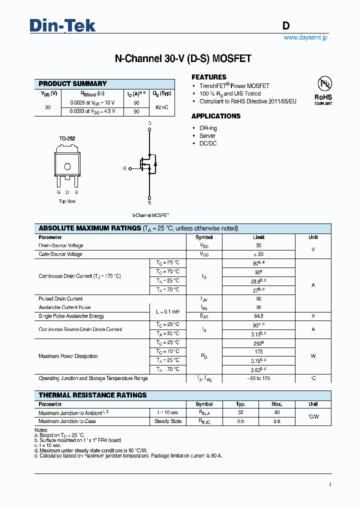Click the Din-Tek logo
tap(62, 26)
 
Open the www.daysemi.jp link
tap(305, 38)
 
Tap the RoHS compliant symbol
tap(323, 90)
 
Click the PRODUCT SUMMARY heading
tap(72, 84)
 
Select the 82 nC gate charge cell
tap(163, 107)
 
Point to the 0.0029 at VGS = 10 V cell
tap(92, 102)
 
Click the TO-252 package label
tap(67, 138)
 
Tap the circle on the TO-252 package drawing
tap(67, 167)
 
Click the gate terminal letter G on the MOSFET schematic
tap(124, 168)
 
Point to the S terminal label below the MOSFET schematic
tap(149, 203)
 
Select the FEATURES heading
tap(209, 77)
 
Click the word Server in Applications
tap(207, 136)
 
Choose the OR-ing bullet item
tap(208, 128)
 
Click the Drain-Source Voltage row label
tap(61, 245)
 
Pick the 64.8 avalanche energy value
tap(258, 316)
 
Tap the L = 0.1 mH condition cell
tap(167, 311)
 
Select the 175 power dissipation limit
tap(258, 351)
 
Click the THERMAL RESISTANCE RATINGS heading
tap(92, 395)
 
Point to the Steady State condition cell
tap(167, 421)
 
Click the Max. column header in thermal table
tap(277, 404)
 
